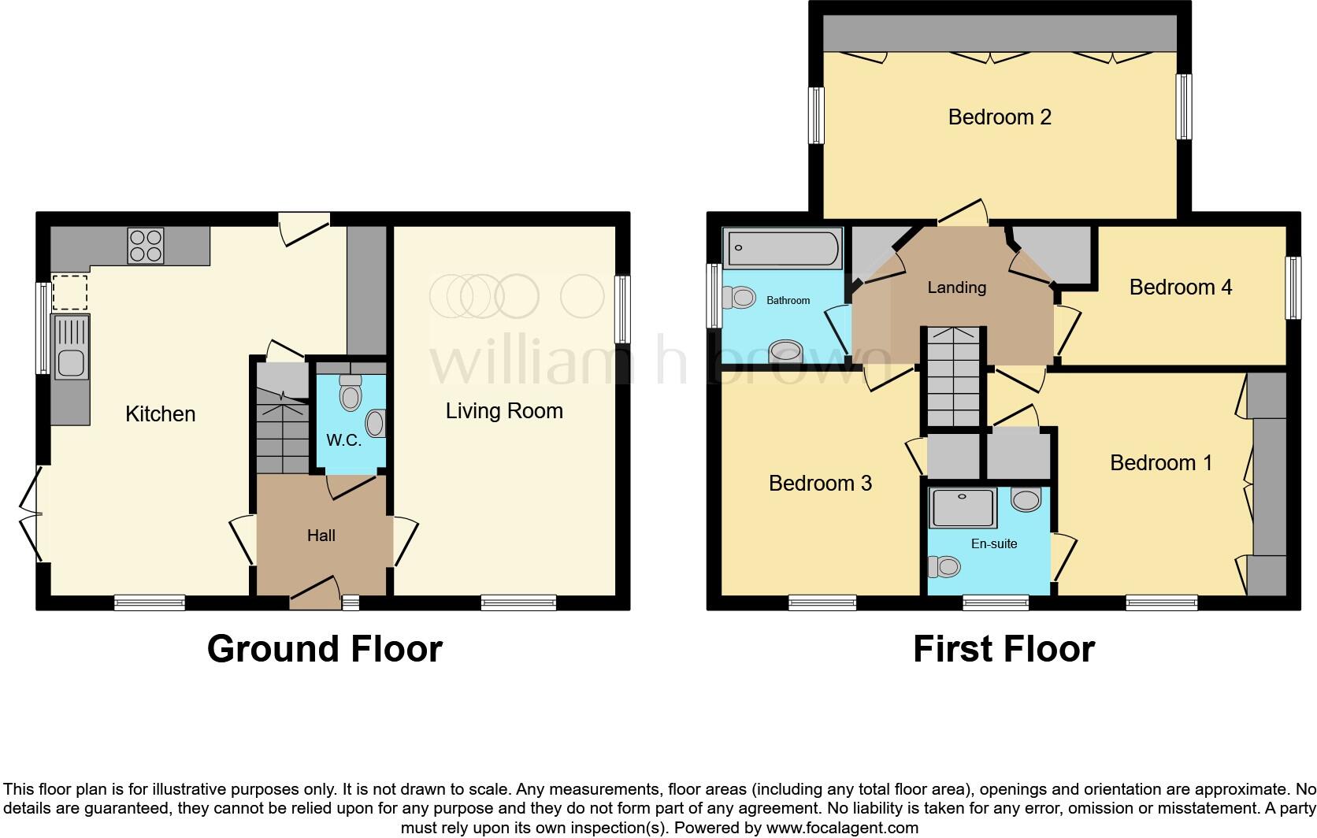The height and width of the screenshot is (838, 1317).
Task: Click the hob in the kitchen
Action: (x=146, y=245)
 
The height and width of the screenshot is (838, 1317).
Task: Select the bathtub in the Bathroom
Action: (x=783, y=247)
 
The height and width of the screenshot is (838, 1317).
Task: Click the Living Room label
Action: (x=504, y=410)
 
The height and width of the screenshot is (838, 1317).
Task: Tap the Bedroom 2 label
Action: (x=999, y=117)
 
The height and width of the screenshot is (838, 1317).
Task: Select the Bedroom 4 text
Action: (x=1180, y=287)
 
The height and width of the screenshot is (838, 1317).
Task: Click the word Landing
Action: (x=956, y=287)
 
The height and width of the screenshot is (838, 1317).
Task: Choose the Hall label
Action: (x=321, y=536)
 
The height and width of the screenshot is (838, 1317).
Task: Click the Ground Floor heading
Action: (x=325, y=649)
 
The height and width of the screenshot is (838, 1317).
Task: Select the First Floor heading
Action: (x=1003, y=649)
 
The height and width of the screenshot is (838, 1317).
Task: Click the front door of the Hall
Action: (x=314, y=592)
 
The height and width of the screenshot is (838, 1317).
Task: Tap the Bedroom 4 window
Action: (x=1293, y=288)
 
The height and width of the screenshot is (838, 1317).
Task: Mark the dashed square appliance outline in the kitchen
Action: (x=70, y=292)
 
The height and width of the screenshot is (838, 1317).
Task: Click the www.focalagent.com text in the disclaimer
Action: (x=841, y=828)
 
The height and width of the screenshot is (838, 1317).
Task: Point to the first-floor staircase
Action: (x=954, y=378)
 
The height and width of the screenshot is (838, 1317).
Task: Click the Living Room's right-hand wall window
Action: (x=622, y=309)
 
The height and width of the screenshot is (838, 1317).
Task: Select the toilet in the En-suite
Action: (x=945, y=566)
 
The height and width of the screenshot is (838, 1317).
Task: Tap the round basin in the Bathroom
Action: (x=785, y=351)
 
